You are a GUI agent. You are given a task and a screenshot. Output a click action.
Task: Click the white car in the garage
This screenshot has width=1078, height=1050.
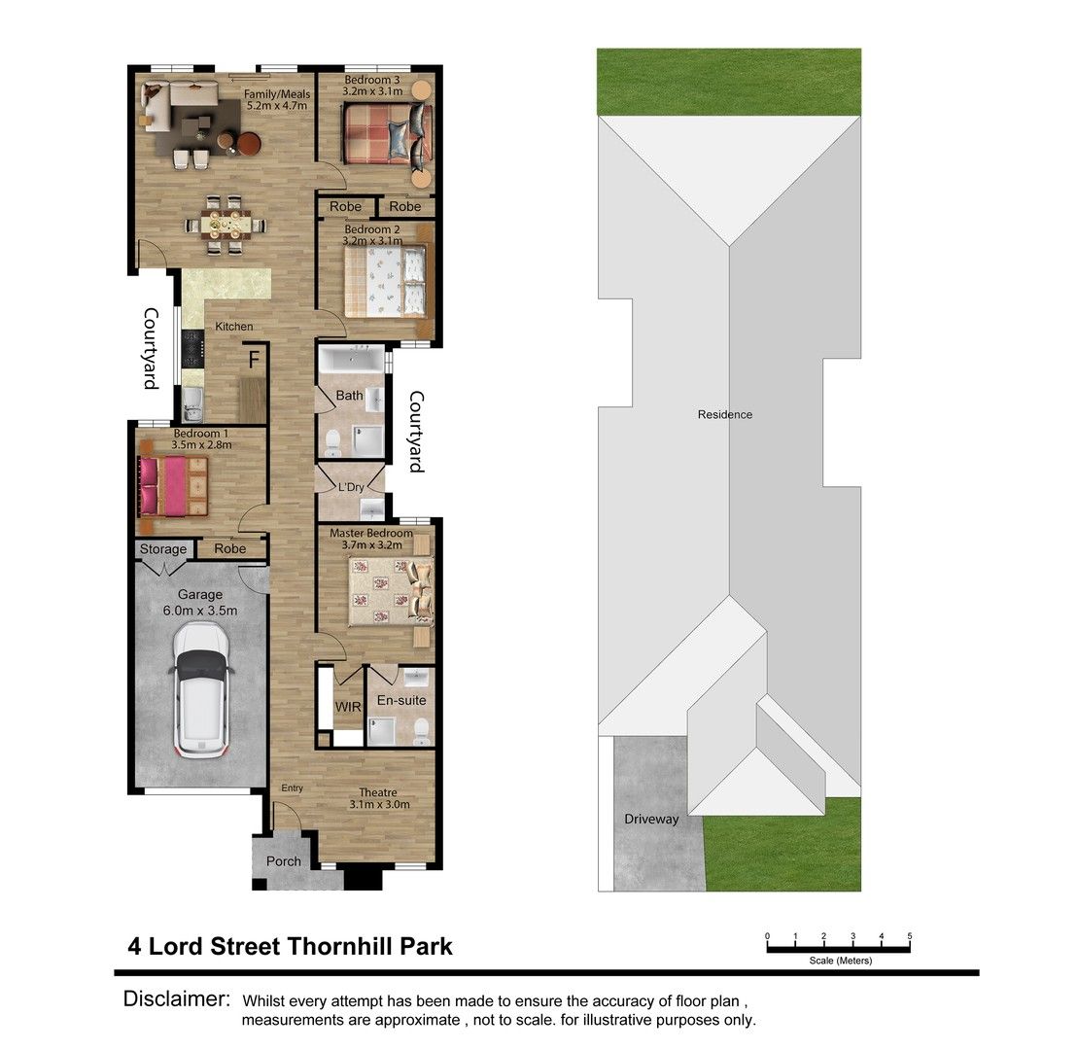(x=202, y=689)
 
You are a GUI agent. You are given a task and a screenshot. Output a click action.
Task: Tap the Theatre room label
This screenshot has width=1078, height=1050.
(x=379, y=792)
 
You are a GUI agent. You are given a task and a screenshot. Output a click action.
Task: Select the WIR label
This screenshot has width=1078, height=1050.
(x=348, y=707)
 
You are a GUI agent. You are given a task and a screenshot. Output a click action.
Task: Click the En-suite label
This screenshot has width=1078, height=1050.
(x=401, y=700)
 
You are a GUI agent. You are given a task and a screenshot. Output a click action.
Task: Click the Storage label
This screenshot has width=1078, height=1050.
(x=163, y=549)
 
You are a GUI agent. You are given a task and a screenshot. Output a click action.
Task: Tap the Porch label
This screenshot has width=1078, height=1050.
(x=284, y=861)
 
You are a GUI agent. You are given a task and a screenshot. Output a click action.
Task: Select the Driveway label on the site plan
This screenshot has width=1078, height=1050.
(x=651, y=819)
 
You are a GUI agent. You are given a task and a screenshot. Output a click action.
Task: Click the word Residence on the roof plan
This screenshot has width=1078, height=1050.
(x=725, y=414)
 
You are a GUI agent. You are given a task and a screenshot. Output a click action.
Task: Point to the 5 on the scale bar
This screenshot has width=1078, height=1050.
(x=910, y=936)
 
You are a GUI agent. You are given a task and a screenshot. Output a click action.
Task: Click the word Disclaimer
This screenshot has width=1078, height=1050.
(x=177, y=998)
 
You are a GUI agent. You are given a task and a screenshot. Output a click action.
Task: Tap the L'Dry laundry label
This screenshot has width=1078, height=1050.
(x=350, y=486)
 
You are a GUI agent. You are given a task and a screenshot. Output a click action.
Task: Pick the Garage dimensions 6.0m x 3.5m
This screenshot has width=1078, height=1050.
(x=200, y=611)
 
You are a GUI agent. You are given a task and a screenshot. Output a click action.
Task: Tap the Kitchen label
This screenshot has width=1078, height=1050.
(x=234, y=327)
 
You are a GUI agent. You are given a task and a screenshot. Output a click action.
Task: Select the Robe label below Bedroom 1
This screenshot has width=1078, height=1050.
(x=230, y=549)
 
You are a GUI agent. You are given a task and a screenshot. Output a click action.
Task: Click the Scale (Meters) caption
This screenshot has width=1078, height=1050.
(x=840, y=961)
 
